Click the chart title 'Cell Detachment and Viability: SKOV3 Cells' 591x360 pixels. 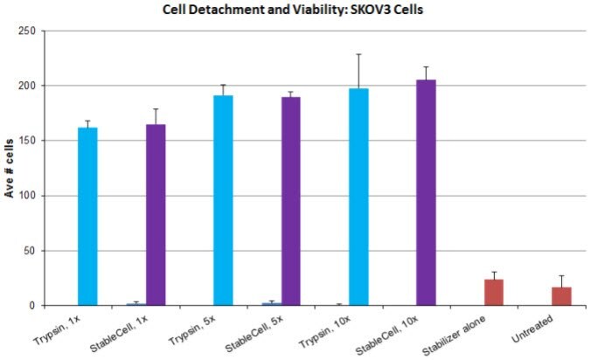coord(295,10)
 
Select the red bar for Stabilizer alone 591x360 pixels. coord(494,293)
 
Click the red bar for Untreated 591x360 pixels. coord(561,296)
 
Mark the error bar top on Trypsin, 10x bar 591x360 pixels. coord(359,54)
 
